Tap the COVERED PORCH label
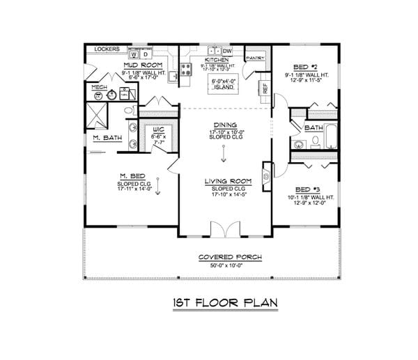click(x=230, y=257)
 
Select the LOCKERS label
click(x=107, y=49)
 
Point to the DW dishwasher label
click(x=227, y=50)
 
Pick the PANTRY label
click(x=255, y=58)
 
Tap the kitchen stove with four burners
click(x=187, y=68)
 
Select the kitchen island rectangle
click(x=224, y=84)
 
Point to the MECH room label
click(x=98, y=88)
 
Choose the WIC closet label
click(x=157, y=130)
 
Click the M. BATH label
click(x=107, y=139)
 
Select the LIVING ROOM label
click(x=224, y=182)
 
